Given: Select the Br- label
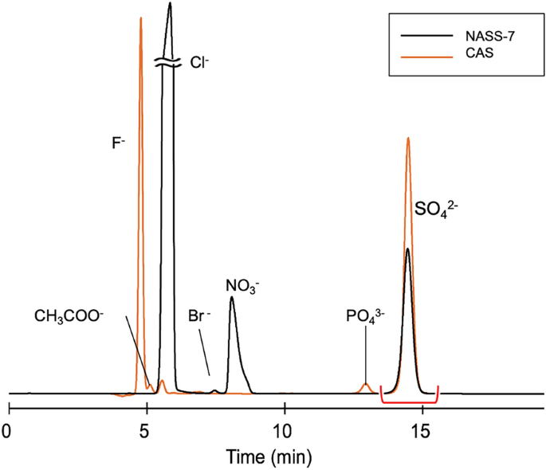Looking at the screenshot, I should [199, 315].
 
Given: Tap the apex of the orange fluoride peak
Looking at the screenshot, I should [140, 18].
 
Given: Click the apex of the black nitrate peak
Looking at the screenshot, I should [231, 297].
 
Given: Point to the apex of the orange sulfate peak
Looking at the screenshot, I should [408, 138].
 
